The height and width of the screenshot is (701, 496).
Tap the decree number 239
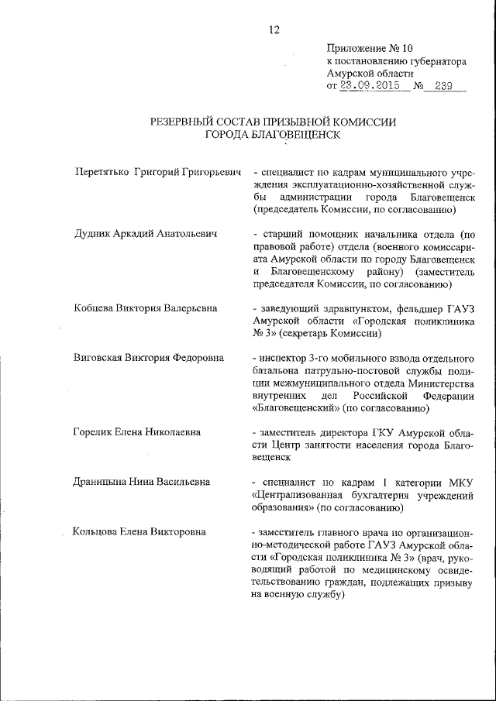(x=444, y=86)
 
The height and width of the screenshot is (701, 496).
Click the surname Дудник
(x=92, y=233)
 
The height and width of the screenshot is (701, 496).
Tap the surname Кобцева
(x=94, y=308)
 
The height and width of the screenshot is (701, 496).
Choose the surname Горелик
(x=93, y=432)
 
